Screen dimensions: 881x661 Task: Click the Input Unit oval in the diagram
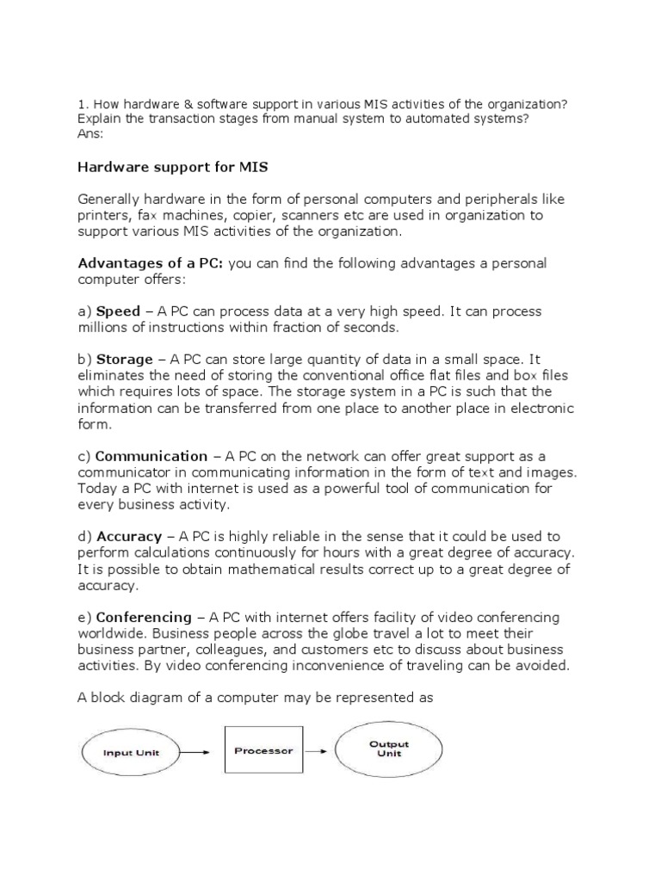click(x=131, y=752)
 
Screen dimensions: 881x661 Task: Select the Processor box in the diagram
click(x=263, y=750)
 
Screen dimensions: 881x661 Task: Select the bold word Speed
click(x=117, y=311)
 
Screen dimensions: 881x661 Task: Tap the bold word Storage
click(x=124, y=359)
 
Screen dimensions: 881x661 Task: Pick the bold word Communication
click(x=151, y=456)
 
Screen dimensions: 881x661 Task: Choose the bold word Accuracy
click(x=129, y=537)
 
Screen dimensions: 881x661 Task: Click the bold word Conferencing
click(x=144, y=618)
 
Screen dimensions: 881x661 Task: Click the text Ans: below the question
click(x=90, y=134)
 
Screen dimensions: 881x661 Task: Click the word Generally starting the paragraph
click(x=110, y=199)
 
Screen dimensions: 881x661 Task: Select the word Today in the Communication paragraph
click(x=96, y=489)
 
